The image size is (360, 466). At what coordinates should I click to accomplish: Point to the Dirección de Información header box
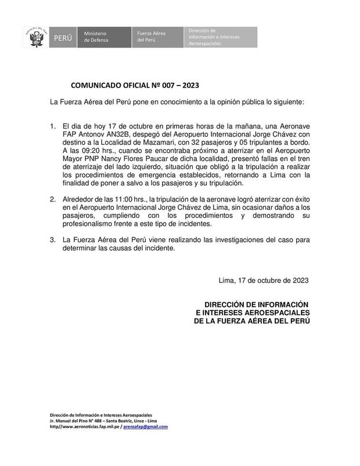[221, 36]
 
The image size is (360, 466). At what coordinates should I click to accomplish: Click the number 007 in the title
[160, 85]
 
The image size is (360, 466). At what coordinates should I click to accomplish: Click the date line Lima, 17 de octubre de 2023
[264, 280]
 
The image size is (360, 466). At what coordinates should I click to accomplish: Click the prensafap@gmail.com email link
[143, 426]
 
